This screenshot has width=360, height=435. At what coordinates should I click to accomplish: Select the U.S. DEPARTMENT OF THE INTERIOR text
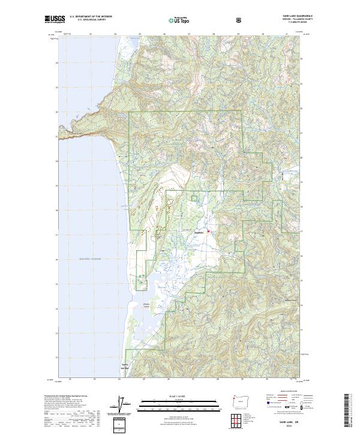[x=91, y=17]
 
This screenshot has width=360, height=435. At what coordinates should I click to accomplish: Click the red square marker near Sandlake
[x=209, y=231]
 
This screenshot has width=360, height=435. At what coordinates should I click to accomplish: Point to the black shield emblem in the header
[x=239, y=20]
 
